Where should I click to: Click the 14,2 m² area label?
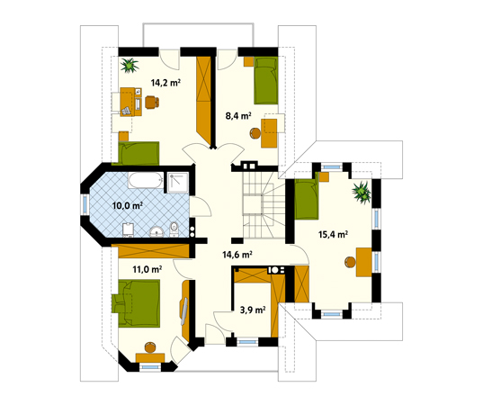point(165,83)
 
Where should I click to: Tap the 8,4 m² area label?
point(238,116)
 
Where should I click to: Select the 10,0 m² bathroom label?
point(127,205)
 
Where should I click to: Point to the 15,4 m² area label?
point(334,234)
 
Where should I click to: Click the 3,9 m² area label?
point(253,310)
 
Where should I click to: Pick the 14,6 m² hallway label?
point(237,255)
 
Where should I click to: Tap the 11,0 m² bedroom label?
point(148,270)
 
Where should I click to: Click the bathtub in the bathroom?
point(146,180)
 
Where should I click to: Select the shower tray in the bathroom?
point(178,183)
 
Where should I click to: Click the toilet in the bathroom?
point(174,229)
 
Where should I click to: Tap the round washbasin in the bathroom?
point(157,232)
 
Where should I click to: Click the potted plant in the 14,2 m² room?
point(130,66)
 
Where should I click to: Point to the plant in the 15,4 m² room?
point(362,193)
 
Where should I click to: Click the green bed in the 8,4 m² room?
point(266,81)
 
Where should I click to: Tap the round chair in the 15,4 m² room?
point(350,262)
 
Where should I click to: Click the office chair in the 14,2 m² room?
point(152,102)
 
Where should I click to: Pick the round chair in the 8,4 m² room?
point(255,133)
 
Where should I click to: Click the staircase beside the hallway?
point(264,204)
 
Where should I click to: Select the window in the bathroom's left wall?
point(85,204)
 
